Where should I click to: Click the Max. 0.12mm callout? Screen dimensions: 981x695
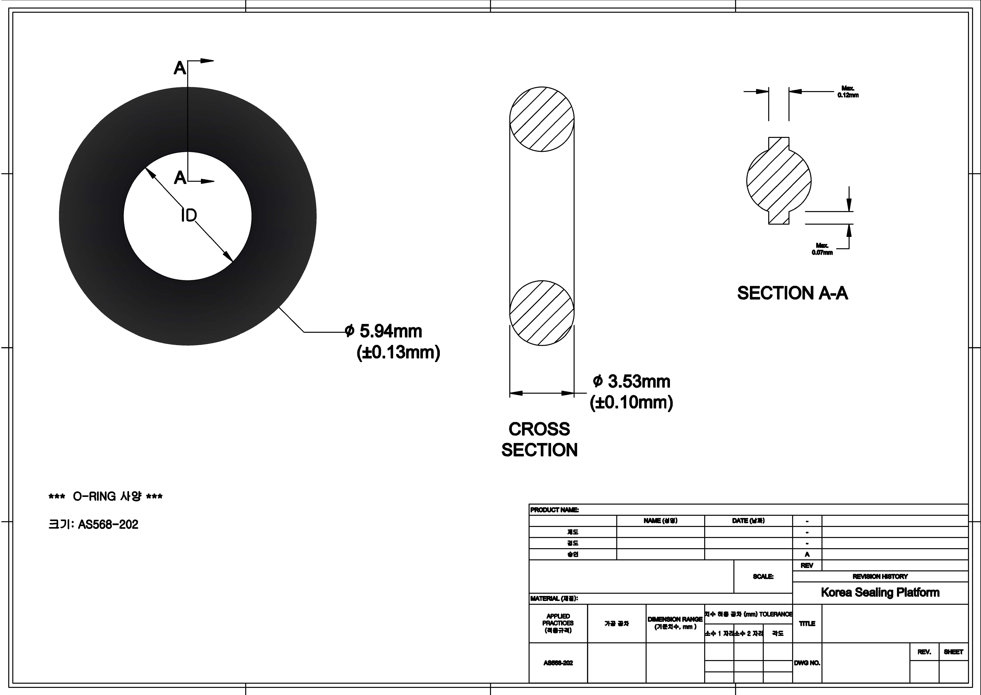tap(848, 92)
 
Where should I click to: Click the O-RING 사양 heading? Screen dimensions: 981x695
tap(106, 496)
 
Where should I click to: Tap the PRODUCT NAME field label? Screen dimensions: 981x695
tap(554, 510)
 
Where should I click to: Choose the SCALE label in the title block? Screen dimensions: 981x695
tap(763, 576)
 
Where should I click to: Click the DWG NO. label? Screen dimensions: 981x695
tap(807, 663)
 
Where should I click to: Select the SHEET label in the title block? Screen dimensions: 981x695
tap(953, 652)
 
